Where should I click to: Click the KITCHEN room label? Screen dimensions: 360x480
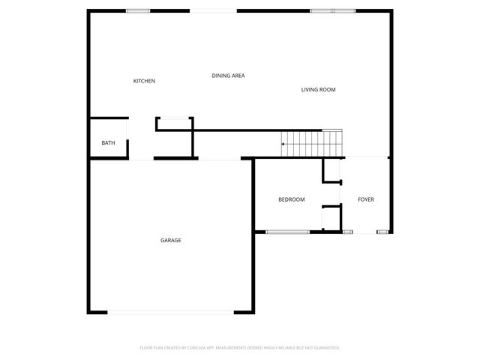coord(144,81)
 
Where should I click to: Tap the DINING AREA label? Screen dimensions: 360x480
coord(228,76)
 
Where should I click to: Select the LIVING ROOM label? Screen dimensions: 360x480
coord(318,90)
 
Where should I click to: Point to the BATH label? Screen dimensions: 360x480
coord(108,142)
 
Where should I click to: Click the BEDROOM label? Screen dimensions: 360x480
coord(291,199)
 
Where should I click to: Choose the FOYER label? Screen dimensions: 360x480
coord(365,199)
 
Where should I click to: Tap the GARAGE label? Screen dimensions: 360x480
coord(170,240)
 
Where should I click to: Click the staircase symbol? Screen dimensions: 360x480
coord(312,143)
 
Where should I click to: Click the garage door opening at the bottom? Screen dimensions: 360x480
coord(170,312)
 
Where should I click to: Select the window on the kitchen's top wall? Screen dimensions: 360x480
coord(137,10)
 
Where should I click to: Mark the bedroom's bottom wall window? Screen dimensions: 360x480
coord(287,232)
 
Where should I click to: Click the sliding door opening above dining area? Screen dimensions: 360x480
coord(213,10)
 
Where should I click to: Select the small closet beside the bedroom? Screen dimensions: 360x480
coord(331,217)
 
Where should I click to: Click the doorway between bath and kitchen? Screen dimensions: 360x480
coord(127,138)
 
